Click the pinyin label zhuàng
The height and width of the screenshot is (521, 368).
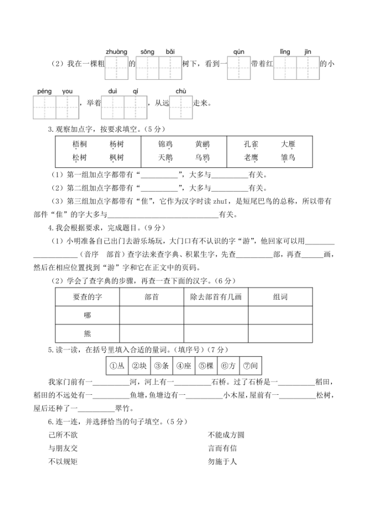pyautogui.click(x=116, y=52)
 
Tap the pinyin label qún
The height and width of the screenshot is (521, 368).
pyautogui.click(x=239, y=52)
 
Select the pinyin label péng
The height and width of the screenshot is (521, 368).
pyautogui.click(x=44, y=92)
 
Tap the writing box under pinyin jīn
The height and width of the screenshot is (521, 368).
pyautogui.click(x=308, y=68)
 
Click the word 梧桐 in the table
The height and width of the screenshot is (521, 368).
pyautogui.click(x=80, y=144)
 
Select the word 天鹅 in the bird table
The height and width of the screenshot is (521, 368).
pyautogui.click(x=165, y=158)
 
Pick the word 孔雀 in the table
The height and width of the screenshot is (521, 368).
pyautogui.click(x=251, y=144)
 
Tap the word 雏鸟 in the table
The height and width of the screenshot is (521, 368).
pyautogui.click(x=288, y=158)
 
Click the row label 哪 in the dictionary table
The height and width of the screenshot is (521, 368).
pyautogui.click(x=87, y=315)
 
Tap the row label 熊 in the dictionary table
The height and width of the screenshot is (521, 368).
pyautogui.click(x=87, y=333)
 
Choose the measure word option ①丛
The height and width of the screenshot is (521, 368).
pyautogui.click(x=117, y=366)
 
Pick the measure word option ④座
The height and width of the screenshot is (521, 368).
pyautogui.click(x=183, y=366)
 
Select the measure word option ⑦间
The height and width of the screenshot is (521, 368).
pyautogui.click(x=249, y=366)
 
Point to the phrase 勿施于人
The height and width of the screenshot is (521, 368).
pyautogui.click(x=222, y=462)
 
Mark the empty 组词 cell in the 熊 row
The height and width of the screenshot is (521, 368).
pyautogui.click(x=280, y=333)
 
